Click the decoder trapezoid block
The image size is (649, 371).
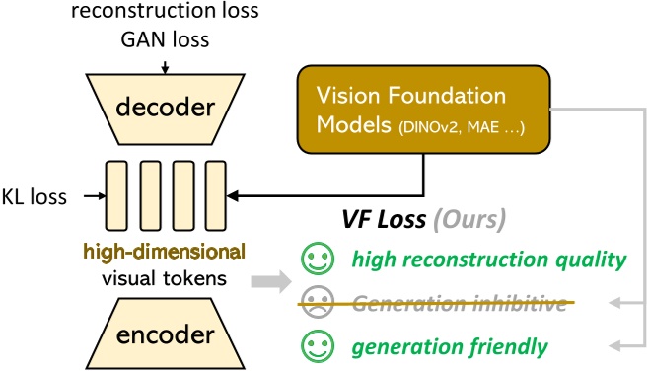164,107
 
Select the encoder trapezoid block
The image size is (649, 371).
164,334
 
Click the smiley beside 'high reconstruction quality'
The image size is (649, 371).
316,261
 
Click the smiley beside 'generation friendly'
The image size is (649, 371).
316,346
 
